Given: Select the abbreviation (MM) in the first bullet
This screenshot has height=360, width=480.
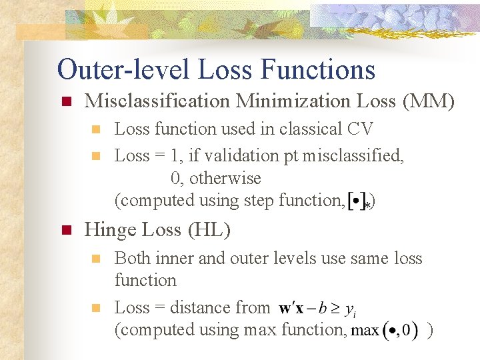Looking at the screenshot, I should [428, 101].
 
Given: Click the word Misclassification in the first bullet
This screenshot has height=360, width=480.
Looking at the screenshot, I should [157, 101].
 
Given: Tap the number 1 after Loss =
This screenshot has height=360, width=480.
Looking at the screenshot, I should [175, 156].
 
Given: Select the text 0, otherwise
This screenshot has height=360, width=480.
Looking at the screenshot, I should [215, 178].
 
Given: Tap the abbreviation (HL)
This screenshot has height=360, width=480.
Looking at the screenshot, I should [209, 230].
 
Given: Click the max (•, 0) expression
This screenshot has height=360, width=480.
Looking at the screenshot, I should [385, 330].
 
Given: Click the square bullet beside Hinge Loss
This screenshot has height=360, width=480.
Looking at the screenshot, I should [65, 231].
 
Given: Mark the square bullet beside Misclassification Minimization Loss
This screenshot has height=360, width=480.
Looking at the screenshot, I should [65, 102].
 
